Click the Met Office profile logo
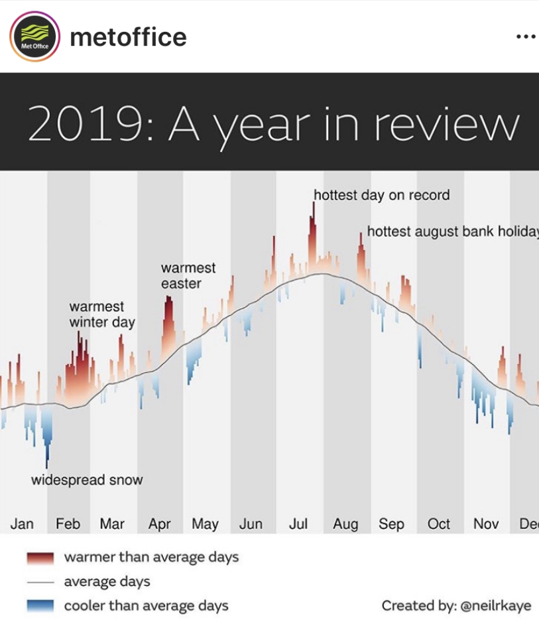pyautogui.click(x=35, y=37)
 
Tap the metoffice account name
pyautogui.click(x=128, y=37)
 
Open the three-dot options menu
pyautogui.click(x=524, y=37)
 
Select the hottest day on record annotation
pyautogui.click(x=381, y=195)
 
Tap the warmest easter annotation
pyautogui.click(x=188, y=275)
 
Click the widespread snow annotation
pyautogui.click(x=87, y=480)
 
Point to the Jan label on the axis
pyautogui.click(x=22, y=524)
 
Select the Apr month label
pyautogui.click(x=159, y=524)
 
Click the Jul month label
pyautogui.click(x=298, y=524)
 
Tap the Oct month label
pyautogui.click(x=439, y=524)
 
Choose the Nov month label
pyautogui.click(x=486, y=524)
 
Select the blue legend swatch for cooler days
pyautogui.click(x=40, y=606)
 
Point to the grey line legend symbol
pyautogui.click(x=40, y=582)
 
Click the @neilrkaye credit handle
pyautogui.click(x=495, y=606)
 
